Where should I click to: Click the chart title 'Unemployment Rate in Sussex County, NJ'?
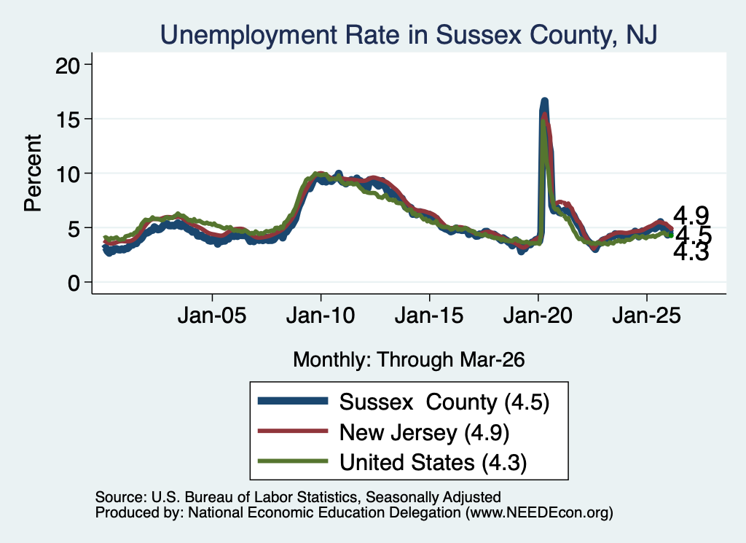(409, 35)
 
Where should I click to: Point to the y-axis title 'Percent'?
(33, 173)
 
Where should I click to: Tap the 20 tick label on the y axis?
(68, 65)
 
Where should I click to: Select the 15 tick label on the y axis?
(68, 120)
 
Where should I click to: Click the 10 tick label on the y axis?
(68, 174)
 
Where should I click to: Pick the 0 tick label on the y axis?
(74, 283)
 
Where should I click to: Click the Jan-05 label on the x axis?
(212, 316)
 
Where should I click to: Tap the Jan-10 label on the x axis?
(321, 316)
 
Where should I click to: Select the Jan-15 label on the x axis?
(429, 316)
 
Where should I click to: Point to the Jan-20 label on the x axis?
(538, 316)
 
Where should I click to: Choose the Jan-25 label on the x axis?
(647, 316)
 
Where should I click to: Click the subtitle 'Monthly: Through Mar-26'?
(409, 359)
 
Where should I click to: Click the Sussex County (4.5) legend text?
(444, 402)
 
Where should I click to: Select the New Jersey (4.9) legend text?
(425, 432)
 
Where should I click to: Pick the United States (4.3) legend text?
(433, 462)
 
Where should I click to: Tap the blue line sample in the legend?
(293, 401)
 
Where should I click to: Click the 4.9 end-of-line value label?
(691, 216)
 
